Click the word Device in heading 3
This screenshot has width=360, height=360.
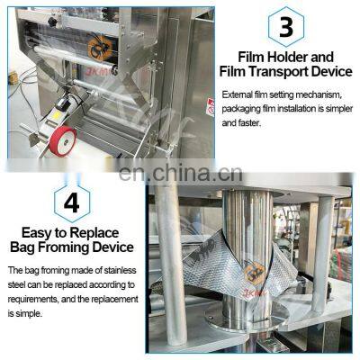click(x=326, y=73)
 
